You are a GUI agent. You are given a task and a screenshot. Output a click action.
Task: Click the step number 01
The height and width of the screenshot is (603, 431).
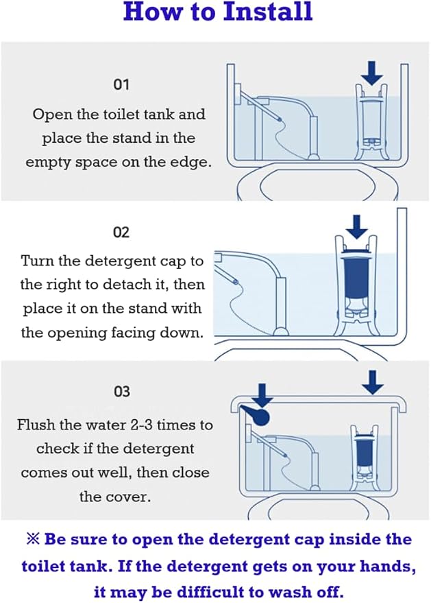pyautogui.click(x=121, y=84)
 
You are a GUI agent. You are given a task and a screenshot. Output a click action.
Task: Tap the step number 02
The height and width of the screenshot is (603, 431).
pyautogui.click(x=121, y=233)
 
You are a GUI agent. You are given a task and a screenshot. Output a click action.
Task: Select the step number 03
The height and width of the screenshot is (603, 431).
pyautogui.click(x=122, y=392)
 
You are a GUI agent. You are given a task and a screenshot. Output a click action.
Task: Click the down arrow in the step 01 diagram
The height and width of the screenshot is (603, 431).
pyautogui.click(x=372, y=73)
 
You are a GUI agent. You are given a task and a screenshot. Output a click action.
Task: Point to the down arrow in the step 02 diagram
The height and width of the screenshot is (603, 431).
pyautogui.click(x=357, y=227)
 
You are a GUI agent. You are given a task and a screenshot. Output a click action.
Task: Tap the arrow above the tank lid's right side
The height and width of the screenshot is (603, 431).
pyautogui.click(x=373, y=382)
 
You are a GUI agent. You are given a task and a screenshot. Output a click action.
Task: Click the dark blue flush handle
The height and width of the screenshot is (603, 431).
pyautogui.click(x=256, y=416)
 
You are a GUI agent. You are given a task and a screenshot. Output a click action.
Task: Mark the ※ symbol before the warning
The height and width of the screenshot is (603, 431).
pyautogui.click(x=33, y=539)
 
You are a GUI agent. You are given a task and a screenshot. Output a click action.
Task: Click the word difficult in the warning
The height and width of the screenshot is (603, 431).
pyautogui.click(x=217, y=592)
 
